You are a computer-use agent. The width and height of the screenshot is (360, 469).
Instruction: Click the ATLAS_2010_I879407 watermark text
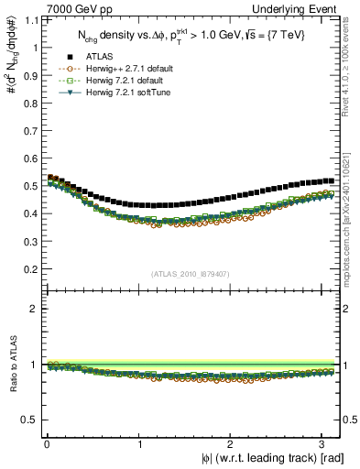[191, 274]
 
